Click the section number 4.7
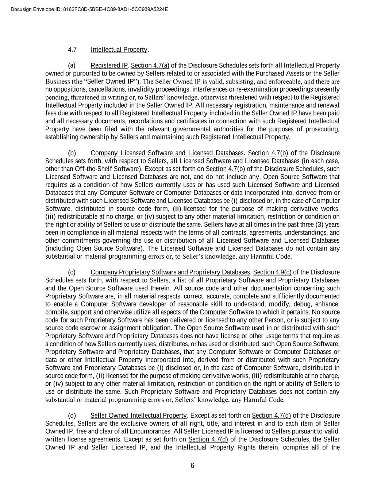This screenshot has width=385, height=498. pyautogui.click(x=72, y=50)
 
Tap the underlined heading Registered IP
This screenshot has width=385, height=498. pyautogui.click(x=109, y=66)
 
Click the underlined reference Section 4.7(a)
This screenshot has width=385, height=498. pyautogui.click(x=150, y=66)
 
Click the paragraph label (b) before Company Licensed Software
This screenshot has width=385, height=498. pyautogui.click(x=72, y=153)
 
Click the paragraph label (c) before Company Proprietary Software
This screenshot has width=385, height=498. pyautogui.click(x=72, y=273)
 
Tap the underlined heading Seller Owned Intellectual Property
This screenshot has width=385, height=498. pyautogui.click(x=139, y=416)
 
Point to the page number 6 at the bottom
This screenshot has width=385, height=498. pyautogui.click(x=192, y=466)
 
